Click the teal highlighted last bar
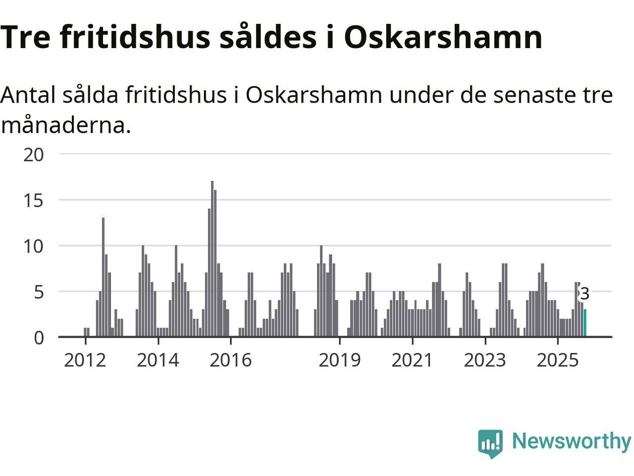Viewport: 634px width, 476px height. [585, 323]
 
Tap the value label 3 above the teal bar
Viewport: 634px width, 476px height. [584, 294]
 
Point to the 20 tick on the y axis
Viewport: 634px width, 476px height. [34, 155]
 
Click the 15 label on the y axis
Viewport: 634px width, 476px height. [34, 201]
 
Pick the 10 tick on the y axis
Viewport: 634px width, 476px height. [34, 246]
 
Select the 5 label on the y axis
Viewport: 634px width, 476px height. [39, 292]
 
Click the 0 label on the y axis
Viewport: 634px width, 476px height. [39, 338]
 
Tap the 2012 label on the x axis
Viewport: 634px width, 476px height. [85, 360]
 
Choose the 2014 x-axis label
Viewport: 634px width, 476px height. [158, 360]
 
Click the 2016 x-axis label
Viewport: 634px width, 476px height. [230, 360]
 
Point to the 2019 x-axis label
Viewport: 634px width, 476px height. [339, 360]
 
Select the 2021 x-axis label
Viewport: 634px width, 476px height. [412, 360]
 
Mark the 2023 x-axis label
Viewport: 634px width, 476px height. [485, 360]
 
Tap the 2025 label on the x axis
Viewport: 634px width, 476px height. [558, 360]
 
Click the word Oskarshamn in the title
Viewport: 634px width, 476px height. [443, 37]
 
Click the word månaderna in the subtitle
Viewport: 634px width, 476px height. [66, 125]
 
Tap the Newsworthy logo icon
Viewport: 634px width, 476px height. [490, 443]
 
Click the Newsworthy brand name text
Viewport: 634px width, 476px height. [571, 441]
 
